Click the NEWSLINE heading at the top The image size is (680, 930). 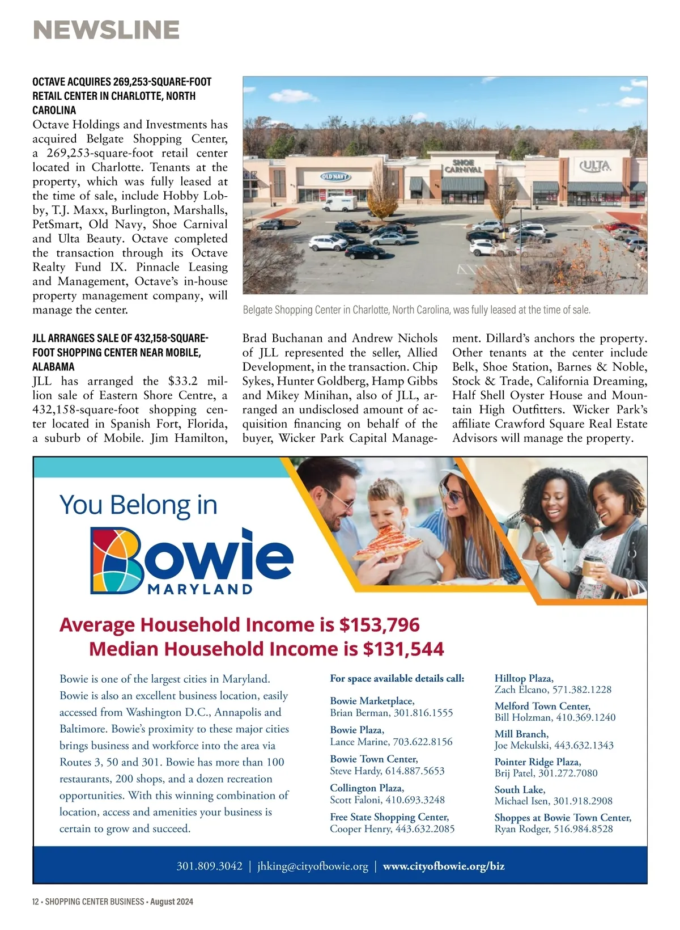coord(107,30)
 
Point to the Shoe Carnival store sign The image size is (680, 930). coord(463,166)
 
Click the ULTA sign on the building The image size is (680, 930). coord(596,166)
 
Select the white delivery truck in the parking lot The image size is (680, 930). coord(340,203)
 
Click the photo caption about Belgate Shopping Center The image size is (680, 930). coord(416,310)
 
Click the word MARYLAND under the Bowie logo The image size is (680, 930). coord(200,589)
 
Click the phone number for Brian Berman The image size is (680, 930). coord(423,713)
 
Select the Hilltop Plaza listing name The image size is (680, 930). coord(524,678)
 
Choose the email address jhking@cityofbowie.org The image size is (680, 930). coord(312,866)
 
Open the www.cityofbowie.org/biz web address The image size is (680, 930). coord(444,866)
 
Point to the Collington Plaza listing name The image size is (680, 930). coord(367,788)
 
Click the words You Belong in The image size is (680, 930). coord(138,505)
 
